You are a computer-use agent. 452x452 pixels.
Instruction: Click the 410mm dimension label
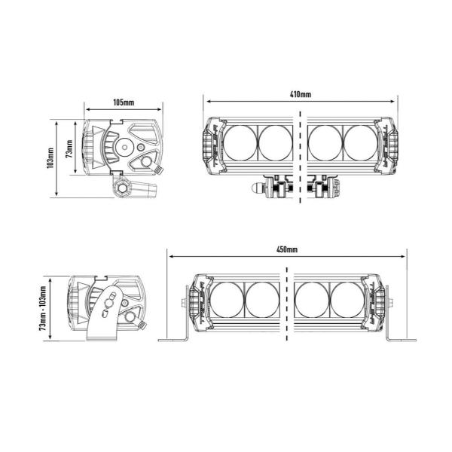pos(301,94)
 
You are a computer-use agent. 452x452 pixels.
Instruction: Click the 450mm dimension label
pos(287,249)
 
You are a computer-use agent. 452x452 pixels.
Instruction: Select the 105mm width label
pos(124,102)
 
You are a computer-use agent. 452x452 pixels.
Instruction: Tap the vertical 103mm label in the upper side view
pos(50,157)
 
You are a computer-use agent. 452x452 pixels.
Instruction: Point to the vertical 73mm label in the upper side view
pos(69,148)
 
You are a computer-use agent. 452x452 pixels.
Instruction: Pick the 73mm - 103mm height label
pos(43,308)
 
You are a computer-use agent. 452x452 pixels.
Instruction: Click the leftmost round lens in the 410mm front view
pos(240,143)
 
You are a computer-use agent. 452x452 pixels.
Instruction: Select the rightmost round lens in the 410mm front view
pos(361,143)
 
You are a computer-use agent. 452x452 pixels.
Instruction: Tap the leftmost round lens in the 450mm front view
pos(227,300)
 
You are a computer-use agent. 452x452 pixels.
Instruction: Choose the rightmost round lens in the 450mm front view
pos(347,300)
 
